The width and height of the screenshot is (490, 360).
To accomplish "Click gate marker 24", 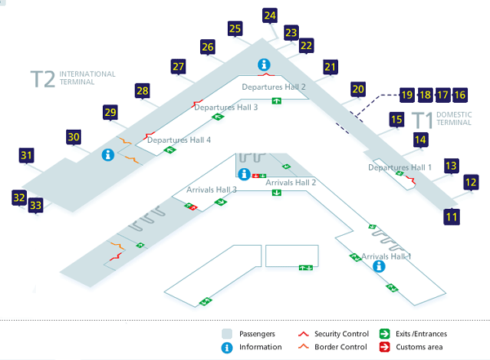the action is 269,16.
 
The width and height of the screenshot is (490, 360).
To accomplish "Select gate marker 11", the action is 452,216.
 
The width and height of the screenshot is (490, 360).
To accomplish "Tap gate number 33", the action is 36,206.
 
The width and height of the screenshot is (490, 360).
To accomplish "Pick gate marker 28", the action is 142,91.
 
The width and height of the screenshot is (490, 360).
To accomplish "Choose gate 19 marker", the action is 407,95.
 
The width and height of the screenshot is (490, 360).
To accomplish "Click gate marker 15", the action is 397,119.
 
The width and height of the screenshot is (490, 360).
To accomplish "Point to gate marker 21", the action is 330,67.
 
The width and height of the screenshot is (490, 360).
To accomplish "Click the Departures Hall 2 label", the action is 274,87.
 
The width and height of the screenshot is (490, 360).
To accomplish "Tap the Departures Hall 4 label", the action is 179,140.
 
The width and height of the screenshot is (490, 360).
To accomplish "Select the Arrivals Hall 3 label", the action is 212,189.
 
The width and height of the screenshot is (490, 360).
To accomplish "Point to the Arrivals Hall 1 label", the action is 386,256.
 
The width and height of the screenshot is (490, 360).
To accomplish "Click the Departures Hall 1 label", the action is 399,167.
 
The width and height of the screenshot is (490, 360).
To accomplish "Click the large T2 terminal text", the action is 42,78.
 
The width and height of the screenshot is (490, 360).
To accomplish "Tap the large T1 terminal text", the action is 422,120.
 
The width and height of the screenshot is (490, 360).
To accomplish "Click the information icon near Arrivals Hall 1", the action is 379,266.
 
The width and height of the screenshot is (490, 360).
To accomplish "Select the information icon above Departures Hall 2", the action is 264,64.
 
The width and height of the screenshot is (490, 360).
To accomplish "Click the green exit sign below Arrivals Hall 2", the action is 276,193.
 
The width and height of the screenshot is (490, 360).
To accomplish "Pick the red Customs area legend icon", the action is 385,347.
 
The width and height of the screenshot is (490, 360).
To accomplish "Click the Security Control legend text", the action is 341,334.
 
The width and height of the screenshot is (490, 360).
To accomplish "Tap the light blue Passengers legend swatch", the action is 227,334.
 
